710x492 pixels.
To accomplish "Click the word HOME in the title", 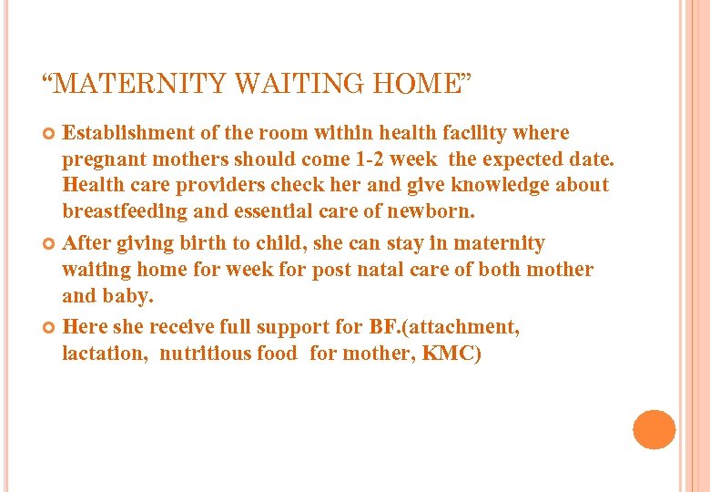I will tap(411, 85).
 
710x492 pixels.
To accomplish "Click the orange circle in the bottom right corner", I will tap(654, 429).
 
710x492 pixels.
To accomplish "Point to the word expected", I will tap(521, 160).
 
